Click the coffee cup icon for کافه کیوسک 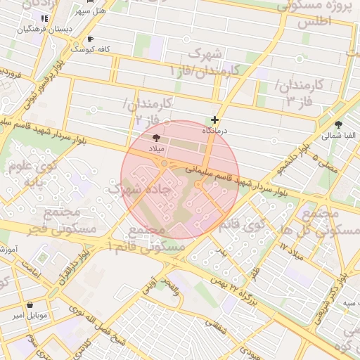(x=89, y=39)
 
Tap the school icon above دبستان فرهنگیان (x=44, y=18)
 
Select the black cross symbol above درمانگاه (x=215, y=120)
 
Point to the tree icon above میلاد (x=156, y=139)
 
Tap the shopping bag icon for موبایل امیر (x=30, y=305)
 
